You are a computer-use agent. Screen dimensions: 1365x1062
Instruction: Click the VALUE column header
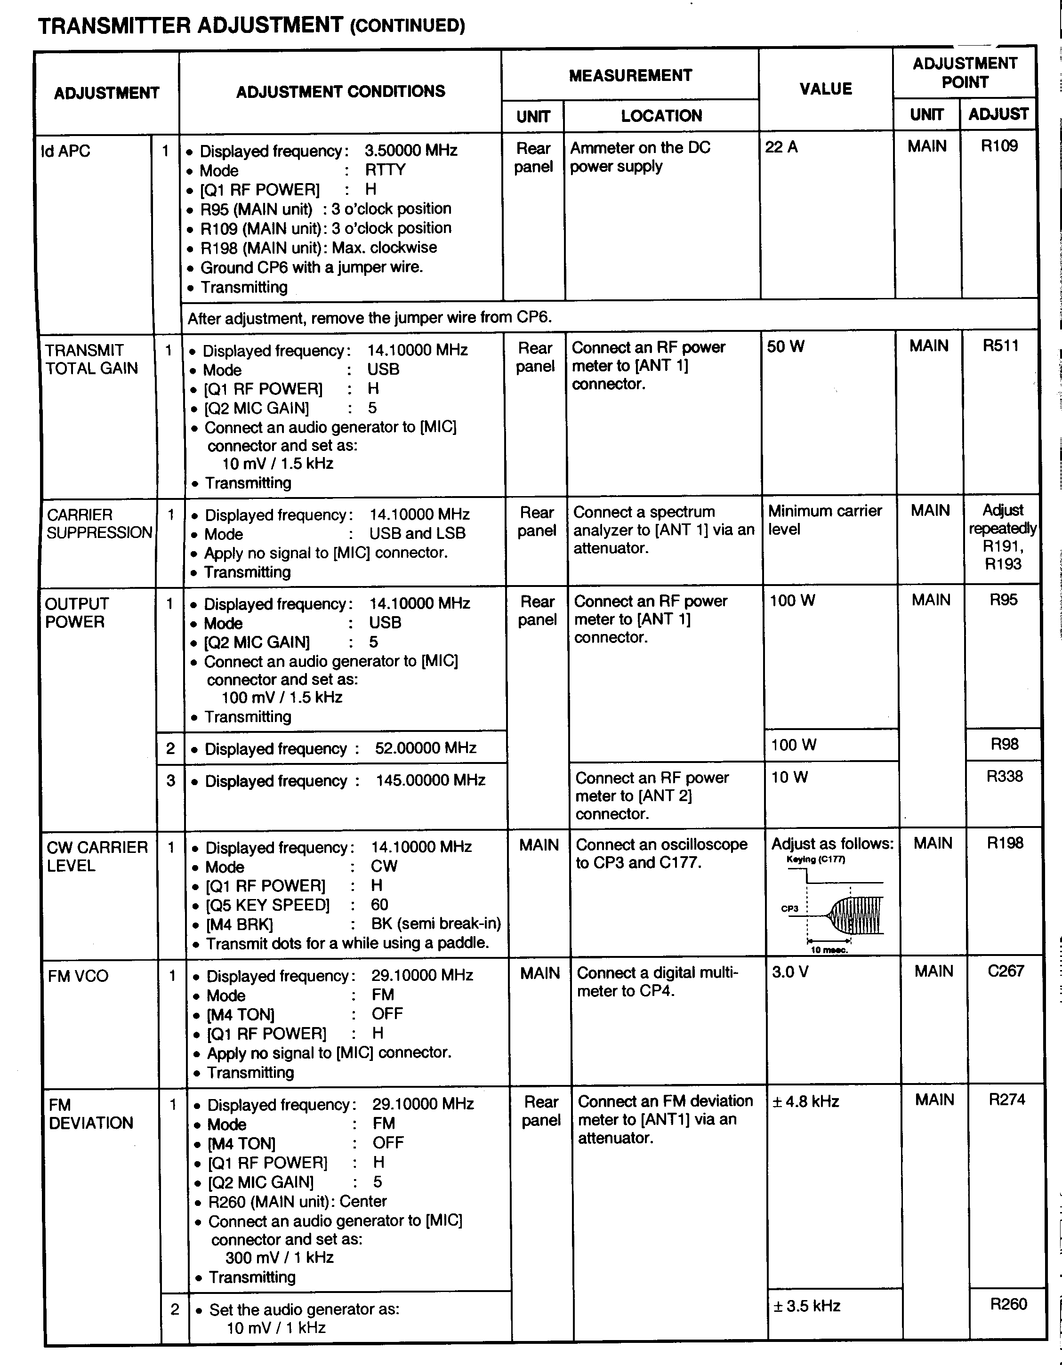tap(825, 89)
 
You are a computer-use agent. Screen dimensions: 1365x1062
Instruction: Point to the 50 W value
tap(786, 346)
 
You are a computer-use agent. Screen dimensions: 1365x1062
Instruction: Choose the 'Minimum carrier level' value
tap(824, 520)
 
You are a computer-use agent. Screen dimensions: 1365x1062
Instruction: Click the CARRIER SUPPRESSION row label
tap(99, 524)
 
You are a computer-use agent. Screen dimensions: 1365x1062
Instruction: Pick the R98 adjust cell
tap(1004, 744)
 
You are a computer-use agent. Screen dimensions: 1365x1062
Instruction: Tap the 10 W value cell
tap(789, 777)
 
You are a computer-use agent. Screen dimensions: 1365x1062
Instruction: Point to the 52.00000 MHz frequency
tap(425, 748)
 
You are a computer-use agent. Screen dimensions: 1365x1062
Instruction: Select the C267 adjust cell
tap(1005, 971)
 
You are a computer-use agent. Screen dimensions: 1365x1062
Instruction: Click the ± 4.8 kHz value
tap(806, 1101)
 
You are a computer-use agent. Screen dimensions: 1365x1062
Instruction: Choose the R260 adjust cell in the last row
tap(1008, 1304)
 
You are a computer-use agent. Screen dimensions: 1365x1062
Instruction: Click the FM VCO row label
tap(78, 976)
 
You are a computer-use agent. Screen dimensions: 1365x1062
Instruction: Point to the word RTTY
tap(385, 170)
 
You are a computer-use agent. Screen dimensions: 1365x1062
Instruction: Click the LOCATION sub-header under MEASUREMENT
tap(661, 116)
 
